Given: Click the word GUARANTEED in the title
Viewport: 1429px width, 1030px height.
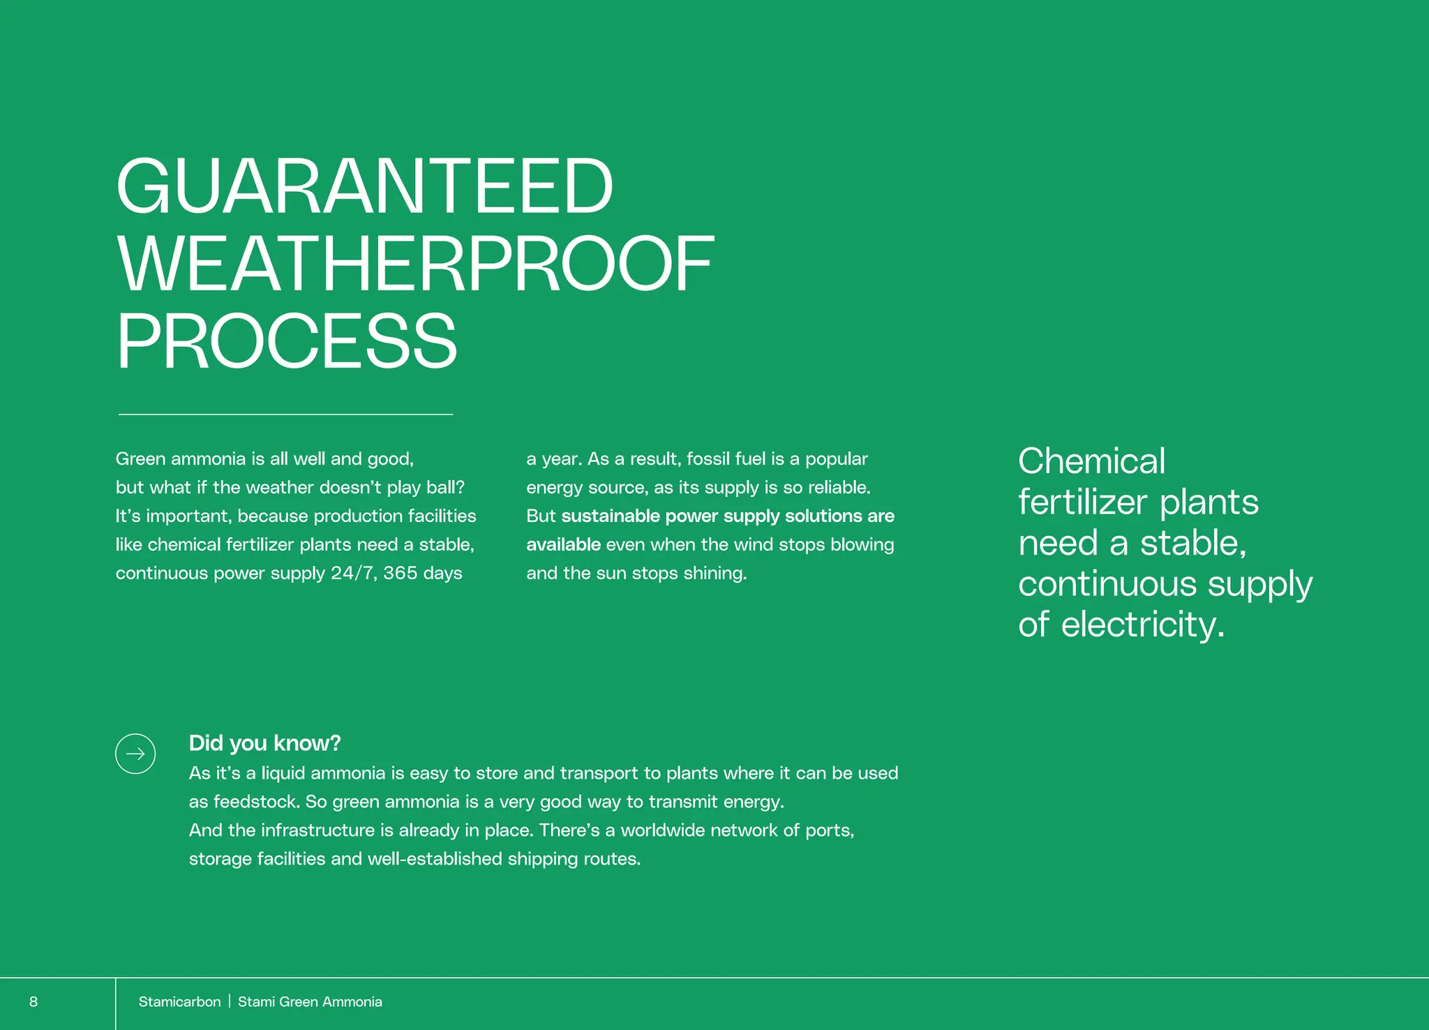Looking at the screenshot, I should point(364,186).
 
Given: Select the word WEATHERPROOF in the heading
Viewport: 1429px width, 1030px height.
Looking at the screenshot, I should point(416,264).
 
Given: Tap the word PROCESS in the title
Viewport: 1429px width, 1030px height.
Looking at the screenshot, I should point(287,342).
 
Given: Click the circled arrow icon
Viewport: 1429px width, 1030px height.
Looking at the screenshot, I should point(135,754).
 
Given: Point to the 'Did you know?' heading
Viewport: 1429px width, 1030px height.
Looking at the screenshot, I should point(264,743).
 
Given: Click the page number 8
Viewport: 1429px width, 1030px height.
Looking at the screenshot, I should point(33,1002).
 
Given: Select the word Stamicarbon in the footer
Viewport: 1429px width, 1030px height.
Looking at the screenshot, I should point(179,1002).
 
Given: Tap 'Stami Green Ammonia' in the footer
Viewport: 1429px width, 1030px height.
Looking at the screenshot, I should point(310,1002).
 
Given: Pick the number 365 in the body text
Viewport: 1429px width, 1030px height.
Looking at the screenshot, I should point(401,573).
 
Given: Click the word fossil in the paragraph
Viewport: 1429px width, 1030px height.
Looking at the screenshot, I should point(708,458).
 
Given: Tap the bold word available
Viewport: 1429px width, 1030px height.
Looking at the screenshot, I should point(563,544).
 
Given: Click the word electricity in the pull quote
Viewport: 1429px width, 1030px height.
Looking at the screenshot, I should point(1143,624).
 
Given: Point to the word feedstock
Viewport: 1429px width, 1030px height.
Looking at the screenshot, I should point(257,802).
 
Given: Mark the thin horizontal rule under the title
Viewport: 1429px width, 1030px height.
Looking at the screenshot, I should point(285,415).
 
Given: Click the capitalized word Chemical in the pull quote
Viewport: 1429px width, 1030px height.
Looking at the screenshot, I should point(1091,461).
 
